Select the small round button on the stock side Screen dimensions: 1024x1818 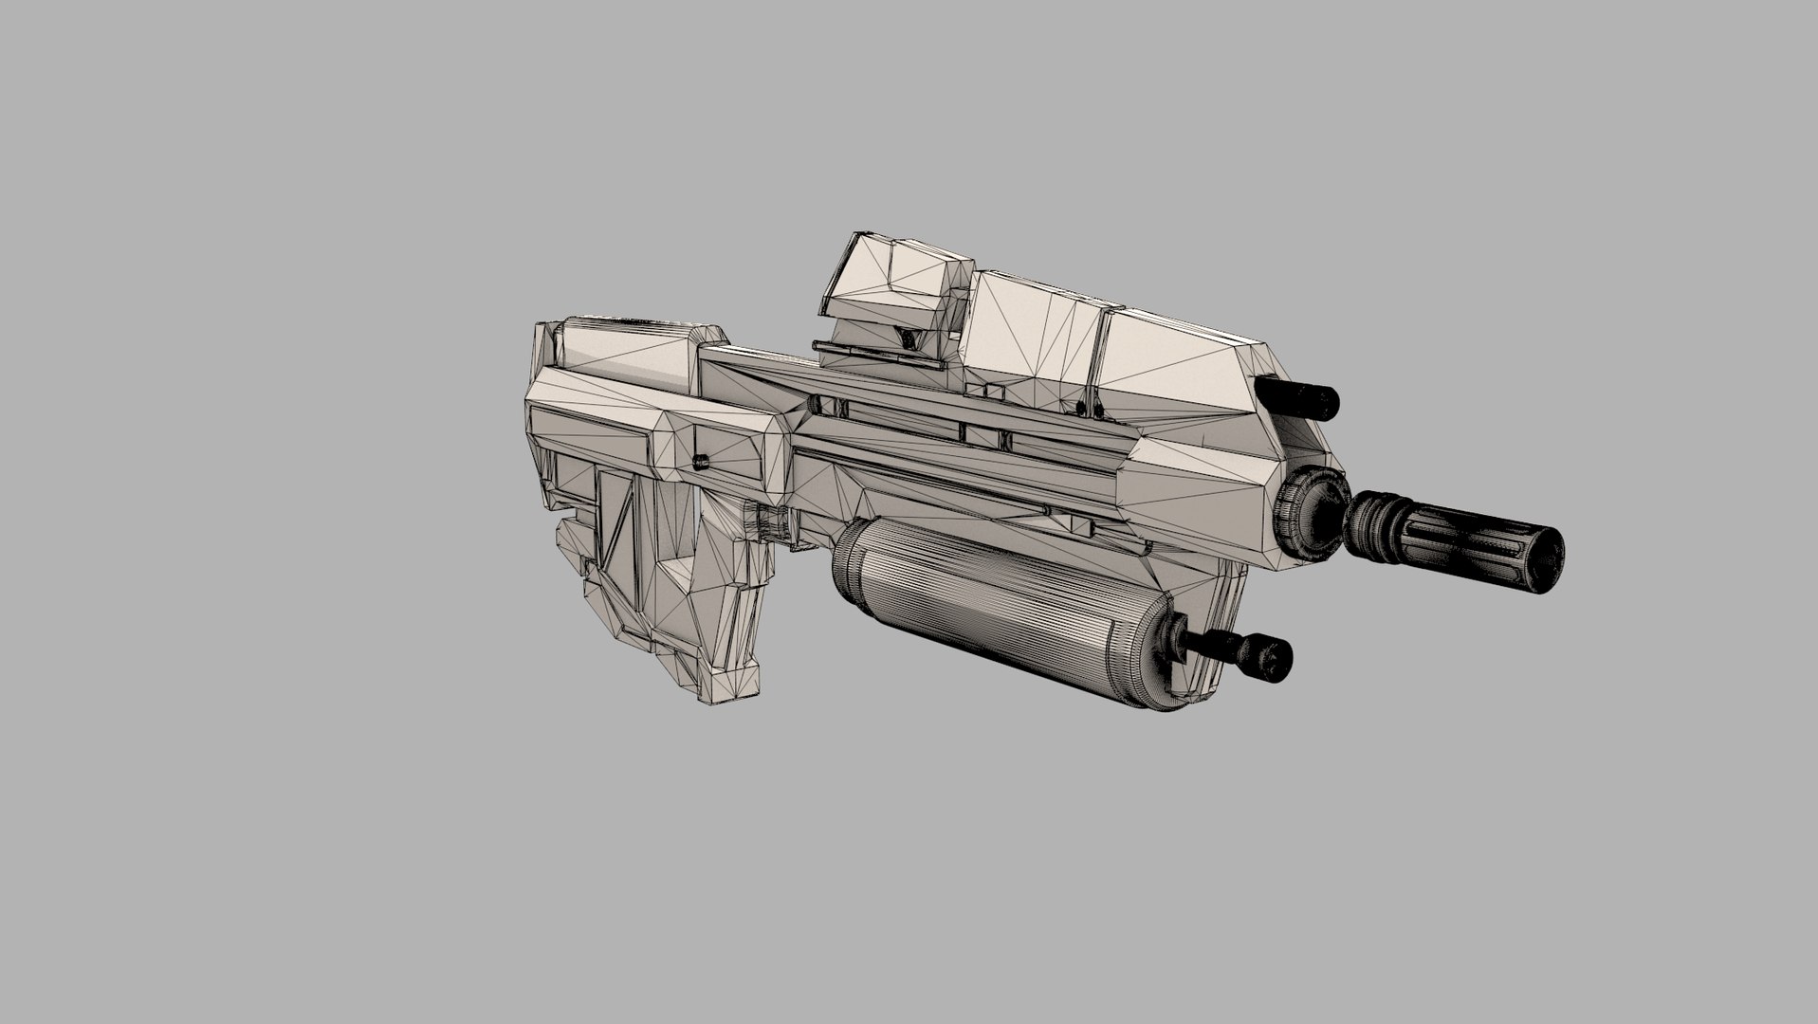(701, 462)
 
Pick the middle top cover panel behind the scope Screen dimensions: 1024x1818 (1029, 332)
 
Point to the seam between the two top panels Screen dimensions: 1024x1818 (1100, 351)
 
